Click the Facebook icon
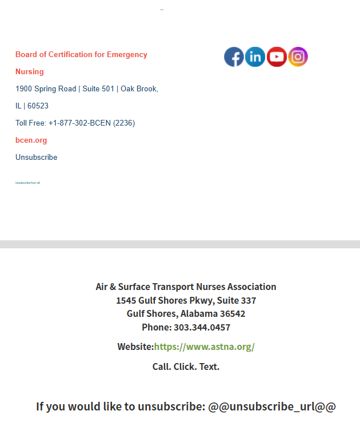(x=234, y=57)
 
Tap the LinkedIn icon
(x=255, y=57)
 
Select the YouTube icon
(x=277, y=57)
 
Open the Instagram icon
(x=298, y=57)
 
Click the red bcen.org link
(x=31, y=140)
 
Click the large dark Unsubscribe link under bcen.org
(x=36, y=158)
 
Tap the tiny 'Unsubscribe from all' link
(x=27, y=183)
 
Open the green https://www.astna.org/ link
(x=204, y=347)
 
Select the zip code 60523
(x=38, y=106)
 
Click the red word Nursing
(x=30, y=72)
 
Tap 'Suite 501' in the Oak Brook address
(x=98, y=89)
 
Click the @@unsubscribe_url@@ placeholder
(x=271, y=406)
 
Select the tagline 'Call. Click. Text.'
(x=186, y=366)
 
